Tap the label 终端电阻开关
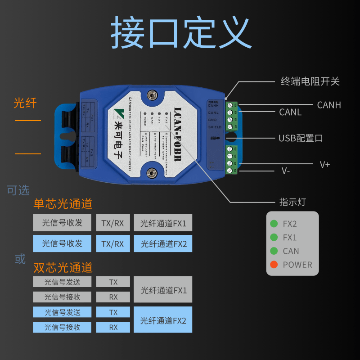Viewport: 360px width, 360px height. pos(310,81)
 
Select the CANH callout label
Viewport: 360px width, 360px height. pos(329,105)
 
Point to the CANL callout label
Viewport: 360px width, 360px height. pos(290,112)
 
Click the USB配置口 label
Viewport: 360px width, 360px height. pos(301,138)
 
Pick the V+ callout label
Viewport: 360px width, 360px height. pos(325,164)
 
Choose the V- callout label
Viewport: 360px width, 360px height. pos(286,171)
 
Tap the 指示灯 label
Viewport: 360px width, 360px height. pos(292,202)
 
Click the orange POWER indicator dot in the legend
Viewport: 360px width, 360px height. pos(274,265)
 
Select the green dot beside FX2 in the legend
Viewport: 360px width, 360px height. pos(274,224)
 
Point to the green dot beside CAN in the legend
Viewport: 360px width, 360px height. pos(274,251)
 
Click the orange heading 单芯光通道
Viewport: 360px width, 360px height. pos(63,204)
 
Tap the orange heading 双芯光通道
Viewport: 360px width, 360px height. pos(63,268)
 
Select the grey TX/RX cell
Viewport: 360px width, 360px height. pos(112,223)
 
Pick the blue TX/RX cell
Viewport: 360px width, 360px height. pos(112,243)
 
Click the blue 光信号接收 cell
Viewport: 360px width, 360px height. pos(62,327)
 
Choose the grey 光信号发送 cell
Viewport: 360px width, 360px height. pos(62,282)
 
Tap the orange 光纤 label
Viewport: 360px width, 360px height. pos(25,103)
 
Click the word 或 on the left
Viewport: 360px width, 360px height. pos(20,259)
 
